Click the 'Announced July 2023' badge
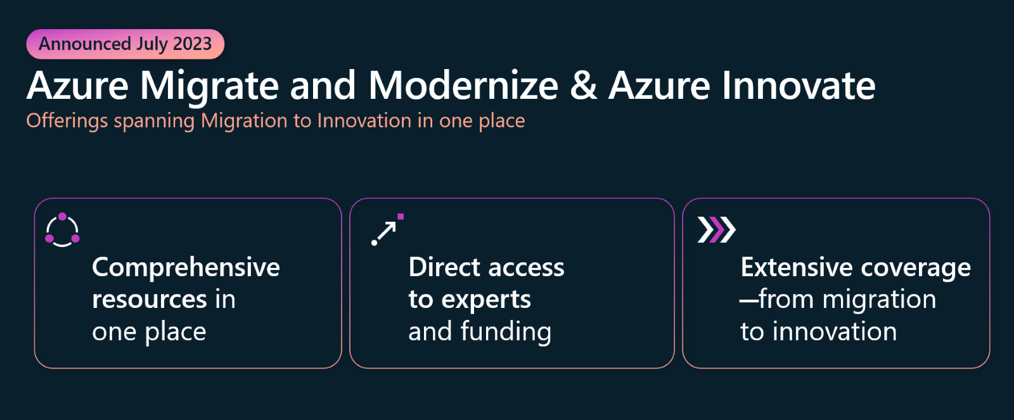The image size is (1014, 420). point(125,44)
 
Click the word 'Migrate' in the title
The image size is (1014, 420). point(209,86)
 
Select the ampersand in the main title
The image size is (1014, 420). point(584,86)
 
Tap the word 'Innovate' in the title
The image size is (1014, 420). point(799,86)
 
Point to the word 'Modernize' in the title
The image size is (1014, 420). point(463,86)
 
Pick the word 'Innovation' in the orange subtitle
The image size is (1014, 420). point(364,121)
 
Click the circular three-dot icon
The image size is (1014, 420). point(63,230)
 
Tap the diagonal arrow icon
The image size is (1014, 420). point(387,229)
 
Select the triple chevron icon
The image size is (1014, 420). point(717,229)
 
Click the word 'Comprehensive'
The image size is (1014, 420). point(186,268)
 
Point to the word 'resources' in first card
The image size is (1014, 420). point(150,300)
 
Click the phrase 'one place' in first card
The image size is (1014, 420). point(149,332)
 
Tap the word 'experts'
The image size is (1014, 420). point(485,300)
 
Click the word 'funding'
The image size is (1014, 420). point(506,331)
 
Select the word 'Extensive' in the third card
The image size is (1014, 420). point(796,267)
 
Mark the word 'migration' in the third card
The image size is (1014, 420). point(879,300)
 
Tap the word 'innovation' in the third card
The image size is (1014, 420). point(834,331)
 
